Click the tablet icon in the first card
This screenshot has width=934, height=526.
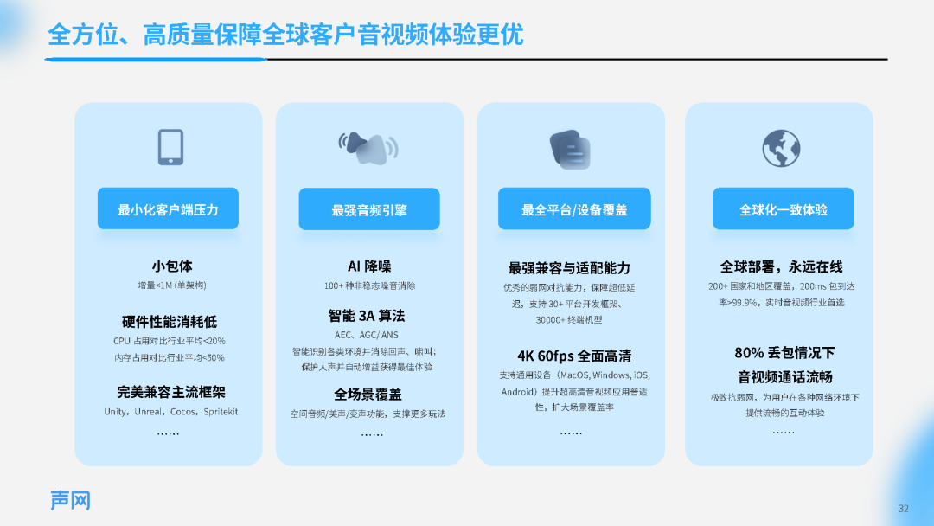point(170,147)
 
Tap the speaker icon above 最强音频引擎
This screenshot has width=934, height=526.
point(368,148)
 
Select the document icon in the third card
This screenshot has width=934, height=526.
point(570,150)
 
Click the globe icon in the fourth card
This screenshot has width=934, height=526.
point(781,148)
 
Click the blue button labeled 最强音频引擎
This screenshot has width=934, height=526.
point(369,209)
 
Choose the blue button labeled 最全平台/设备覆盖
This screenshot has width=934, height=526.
point(574,208)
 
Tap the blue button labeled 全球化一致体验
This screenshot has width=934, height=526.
point(784,208)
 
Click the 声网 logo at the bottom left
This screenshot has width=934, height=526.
point(70,500)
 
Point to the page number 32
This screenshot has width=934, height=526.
point(904,508)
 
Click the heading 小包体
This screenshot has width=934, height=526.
point(171,266)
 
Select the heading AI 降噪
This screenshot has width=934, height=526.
point(369,266)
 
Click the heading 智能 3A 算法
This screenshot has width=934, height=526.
point(367,315)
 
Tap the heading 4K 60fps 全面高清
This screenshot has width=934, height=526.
point(574,356)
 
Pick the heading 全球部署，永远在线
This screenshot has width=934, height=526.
point(781,266)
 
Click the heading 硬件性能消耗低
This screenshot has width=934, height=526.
point(170,322)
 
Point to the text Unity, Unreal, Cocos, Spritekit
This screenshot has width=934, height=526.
point(171,412)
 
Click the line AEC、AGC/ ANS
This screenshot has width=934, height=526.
point(367,335)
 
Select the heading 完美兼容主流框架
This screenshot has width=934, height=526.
point(171,392)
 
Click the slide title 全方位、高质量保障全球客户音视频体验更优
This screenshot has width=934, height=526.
point(285,34)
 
